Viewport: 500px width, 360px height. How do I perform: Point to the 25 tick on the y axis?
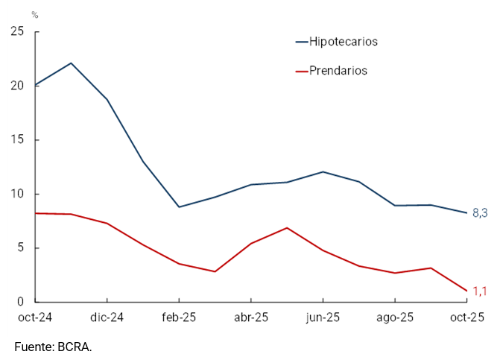click(17, 31)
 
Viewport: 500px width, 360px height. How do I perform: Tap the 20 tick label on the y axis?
click(17, 86)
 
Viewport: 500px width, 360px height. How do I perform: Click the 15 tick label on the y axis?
click(17, 140)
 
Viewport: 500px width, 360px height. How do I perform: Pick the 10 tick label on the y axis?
click(17, 194)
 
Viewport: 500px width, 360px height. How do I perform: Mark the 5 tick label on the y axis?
click(20, 248)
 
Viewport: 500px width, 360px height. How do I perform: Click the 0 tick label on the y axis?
click(20, 303)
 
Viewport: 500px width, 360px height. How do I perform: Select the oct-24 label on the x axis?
click(35, 318)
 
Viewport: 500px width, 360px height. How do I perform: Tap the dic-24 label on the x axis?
click(107, 318)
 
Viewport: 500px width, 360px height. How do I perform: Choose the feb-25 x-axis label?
click(179, 318)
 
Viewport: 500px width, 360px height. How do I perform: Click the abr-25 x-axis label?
click(251, 318)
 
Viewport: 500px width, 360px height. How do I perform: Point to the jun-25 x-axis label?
click(323, 318)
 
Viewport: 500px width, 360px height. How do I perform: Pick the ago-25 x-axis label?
click(394, 318)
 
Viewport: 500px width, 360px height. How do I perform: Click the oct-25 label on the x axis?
click(466, 318)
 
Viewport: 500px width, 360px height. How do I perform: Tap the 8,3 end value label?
click(480, 213)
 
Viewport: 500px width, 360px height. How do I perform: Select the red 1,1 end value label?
click(480, 291)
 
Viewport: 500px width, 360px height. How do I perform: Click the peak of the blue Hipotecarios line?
click(71, 63)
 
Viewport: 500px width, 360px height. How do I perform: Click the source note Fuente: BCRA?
click(53, 347)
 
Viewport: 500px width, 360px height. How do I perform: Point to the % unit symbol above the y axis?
click(34, 15)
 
